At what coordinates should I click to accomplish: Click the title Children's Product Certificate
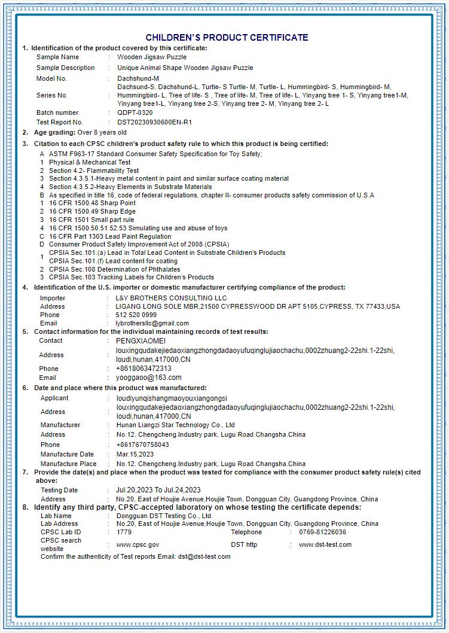click(227, 37)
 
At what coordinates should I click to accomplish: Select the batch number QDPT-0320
click(135, 112)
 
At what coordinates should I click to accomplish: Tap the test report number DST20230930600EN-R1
click(155, 122)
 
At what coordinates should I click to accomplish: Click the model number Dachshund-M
click(138, 78)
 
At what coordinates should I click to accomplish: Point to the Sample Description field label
click(65, 68)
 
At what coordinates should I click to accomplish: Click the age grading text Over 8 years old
click(102, 132)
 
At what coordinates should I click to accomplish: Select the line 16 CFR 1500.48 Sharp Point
click(92, 203)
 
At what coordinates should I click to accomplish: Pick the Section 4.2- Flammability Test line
click(94, 171)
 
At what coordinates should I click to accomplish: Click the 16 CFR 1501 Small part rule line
click(91, 220)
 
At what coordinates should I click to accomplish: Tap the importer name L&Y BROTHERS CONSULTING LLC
click(171, 298)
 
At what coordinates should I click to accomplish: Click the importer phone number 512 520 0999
click(136, 315)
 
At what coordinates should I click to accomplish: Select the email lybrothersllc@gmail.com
click(152, 323)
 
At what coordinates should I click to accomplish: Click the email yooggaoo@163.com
click(148, 378)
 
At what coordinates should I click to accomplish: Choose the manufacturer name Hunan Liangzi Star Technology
click(175, 425)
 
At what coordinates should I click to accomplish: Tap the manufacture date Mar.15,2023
click(135, 454)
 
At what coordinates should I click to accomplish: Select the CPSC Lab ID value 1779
click(124, 532)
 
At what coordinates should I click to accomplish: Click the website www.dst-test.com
click(325, 544)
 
